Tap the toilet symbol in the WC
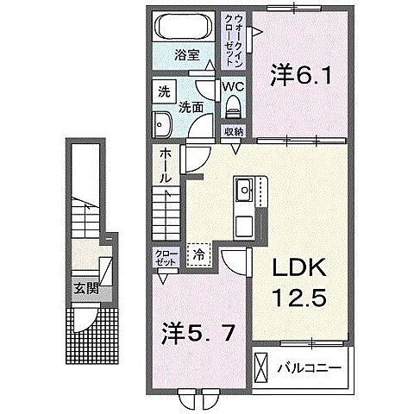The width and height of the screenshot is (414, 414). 233,107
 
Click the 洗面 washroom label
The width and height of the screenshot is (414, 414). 191,108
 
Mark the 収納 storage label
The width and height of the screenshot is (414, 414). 233,131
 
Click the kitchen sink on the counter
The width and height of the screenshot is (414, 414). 242,187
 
